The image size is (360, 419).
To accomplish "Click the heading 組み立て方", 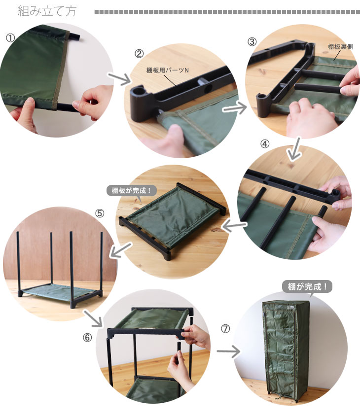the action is coord(47,11).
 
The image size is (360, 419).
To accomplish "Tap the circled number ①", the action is coord(10,38).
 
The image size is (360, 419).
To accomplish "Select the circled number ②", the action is coord(139,54).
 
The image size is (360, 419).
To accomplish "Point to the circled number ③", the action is coord(252,42).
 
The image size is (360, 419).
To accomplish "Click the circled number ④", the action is coord(265,144).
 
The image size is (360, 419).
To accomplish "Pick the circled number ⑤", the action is coord(100,213).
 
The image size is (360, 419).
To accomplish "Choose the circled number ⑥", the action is coord(87,338).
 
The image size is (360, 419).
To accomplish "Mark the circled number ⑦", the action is coord(225,328).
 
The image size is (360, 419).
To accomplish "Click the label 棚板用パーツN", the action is coord(168,70).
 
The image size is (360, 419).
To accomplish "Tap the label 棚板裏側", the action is coord(340,46).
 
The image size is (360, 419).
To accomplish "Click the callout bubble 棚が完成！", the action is coord(307,287).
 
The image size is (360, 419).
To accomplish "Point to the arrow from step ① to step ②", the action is coord(119,78).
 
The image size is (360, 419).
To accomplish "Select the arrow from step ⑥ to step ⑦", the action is coord(228,351).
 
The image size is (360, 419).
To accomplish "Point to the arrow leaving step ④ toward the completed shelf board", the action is coord(234,226).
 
